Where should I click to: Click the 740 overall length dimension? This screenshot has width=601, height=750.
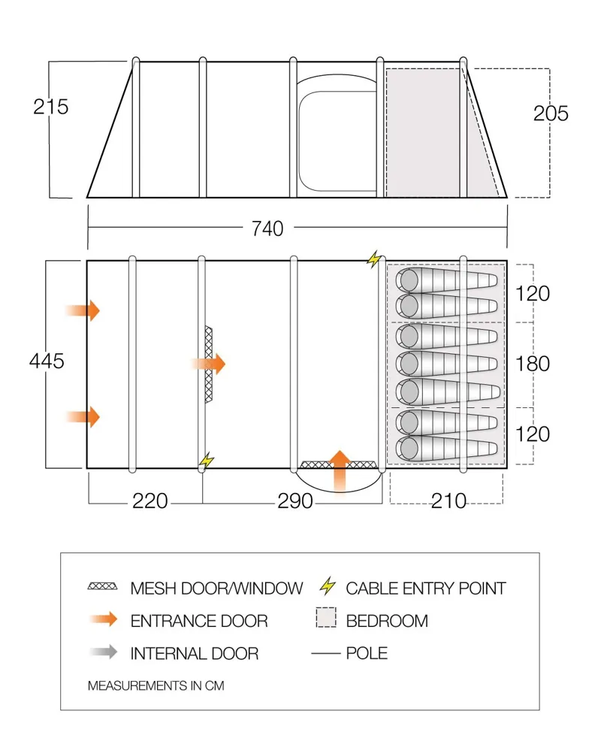pos(267,228)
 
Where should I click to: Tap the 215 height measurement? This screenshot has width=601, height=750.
pos(51,107)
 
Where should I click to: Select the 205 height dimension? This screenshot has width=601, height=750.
pos(551,113)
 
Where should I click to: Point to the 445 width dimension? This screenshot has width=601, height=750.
pos(47,361)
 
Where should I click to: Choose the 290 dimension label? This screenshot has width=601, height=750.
pos(294,501)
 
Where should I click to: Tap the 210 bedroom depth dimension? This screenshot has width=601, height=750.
pos(448,501)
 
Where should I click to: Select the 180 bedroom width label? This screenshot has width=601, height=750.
pos(533,364)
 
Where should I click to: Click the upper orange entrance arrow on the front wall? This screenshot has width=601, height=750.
pos(83,310)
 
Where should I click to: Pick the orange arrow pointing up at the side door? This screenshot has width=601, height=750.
pos(340,471)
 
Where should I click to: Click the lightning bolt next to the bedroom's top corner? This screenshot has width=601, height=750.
pos(373,259)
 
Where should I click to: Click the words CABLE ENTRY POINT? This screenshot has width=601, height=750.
pos(425,588)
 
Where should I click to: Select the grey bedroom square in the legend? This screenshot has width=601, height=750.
pos(325,619)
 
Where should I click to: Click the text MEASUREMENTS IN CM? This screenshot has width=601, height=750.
pos(156,685)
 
